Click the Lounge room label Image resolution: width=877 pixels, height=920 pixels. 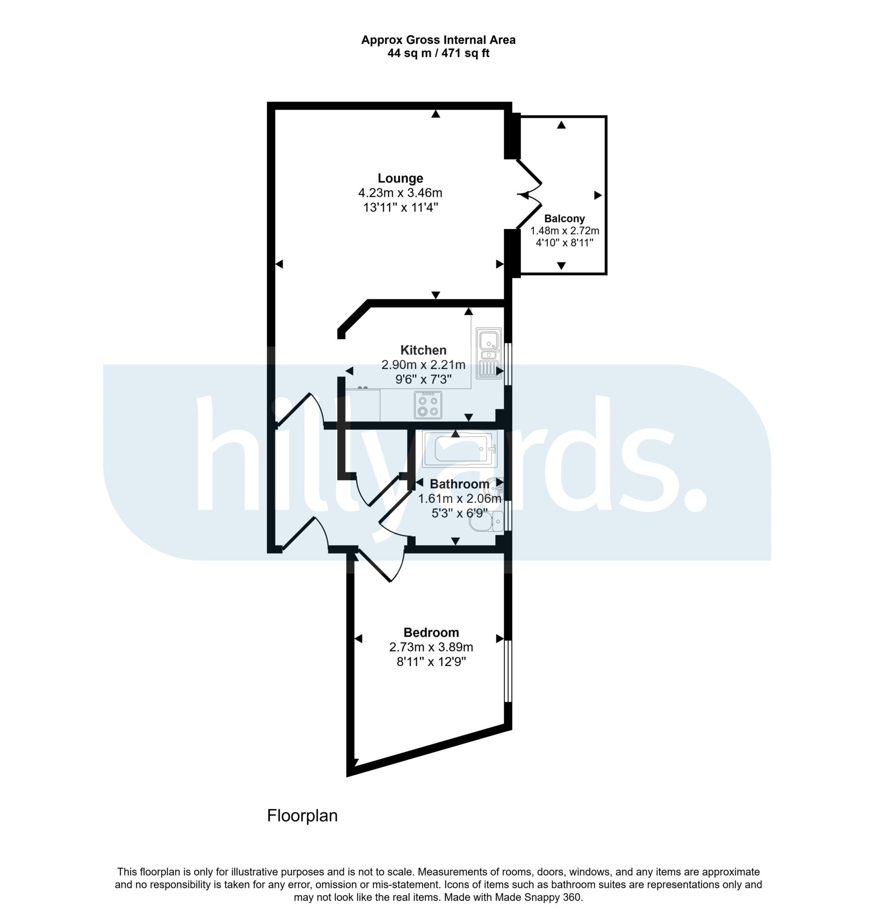(400, 178)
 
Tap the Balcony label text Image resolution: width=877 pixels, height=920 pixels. (564, 219)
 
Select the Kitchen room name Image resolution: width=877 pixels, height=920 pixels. (423, 350)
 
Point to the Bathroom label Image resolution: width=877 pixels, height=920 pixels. (459, 484)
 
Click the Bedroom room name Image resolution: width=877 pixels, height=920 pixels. (431, 633)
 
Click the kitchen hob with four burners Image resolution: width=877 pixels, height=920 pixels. (428, 405)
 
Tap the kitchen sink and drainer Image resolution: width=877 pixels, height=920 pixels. (488, 353)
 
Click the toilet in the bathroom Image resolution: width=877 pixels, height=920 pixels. (486, 522)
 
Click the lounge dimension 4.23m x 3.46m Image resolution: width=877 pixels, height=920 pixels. (400, 193)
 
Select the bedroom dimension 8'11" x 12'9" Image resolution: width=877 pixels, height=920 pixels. (431, 662)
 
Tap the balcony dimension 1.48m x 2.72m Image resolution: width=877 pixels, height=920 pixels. (564, 231)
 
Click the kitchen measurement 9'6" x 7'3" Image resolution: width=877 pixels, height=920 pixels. (423, 379)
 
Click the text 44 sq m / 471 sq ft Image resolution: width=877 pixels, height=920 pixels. (438, 53)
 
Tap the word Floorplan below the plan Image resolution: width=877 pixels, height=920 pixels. (302, 816)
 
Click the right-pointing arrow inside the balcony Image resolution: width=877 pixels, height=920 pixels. (597, 195)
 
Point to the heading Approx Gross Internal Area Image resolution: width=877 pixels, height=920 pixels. (438, 40)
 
